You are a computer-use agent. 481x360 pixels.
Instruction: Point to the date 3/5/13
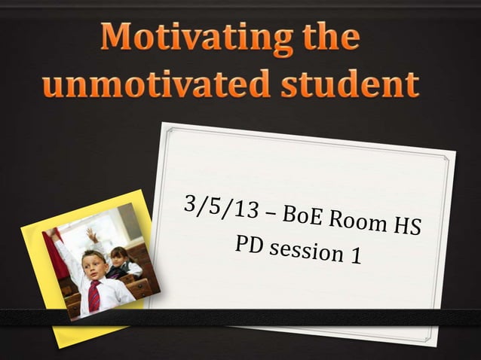coord(216,207)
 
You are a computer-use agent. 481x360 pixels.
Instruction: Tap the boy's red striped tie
coord(93,296)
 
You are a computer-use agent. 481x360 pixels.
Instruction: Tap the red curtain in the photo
coord(58,256)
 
